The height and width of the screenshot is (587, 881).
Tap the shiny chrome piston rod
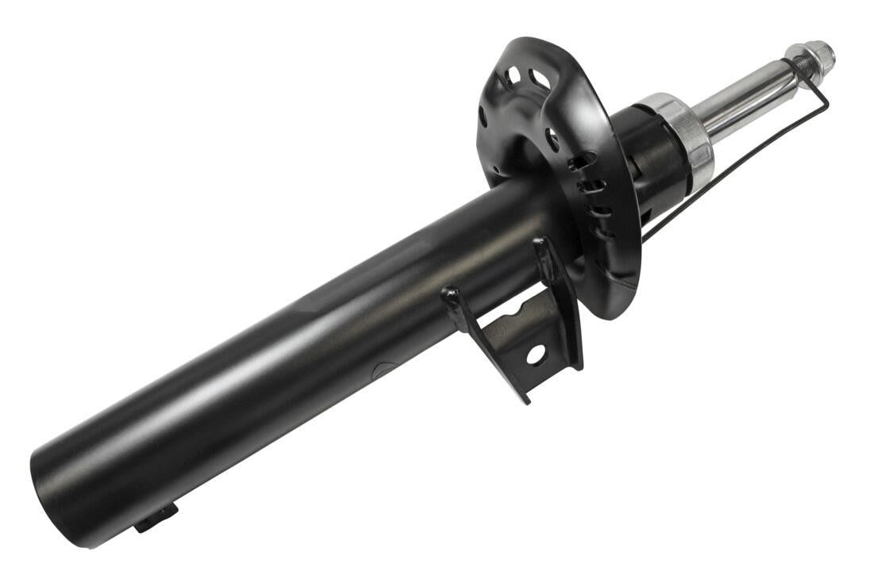click(x=741, y=99)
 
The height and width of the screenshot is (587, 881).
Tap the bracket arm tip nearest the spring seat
click(x=541, y=241)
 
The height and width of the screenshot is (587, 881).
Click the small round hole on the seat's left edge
click(x=483, y=116)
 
